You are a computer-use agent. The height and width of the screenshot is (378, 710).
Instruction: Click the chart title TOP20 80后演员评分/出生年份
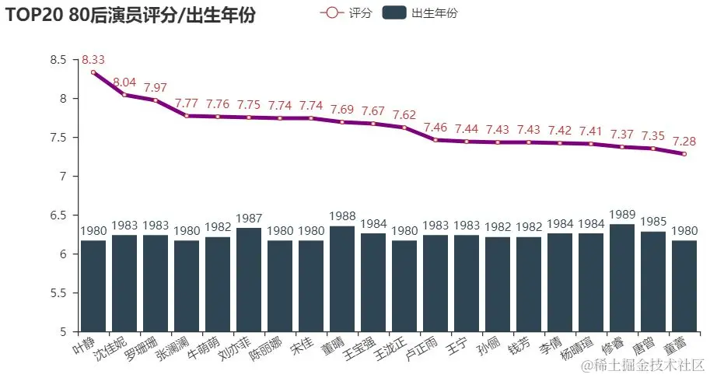[131, 16]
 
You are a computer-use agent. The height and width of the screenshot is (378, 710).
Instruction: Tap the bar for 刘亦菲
[249, 280]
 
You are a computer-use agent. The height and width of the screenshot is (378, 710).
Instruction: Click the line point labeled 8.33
[93, 72]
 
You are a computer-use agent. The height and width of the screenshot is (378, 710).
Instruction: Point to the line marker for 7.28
[684, 154]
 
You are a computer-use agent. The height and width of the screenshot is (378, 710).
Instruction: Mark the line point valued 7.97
[156, 100]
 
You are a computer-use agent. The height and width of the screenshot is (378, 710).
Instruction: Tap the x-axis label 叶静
[90, 342]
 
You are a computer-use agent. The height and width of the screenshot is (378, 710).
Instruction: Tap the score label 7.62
[404, 114]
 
